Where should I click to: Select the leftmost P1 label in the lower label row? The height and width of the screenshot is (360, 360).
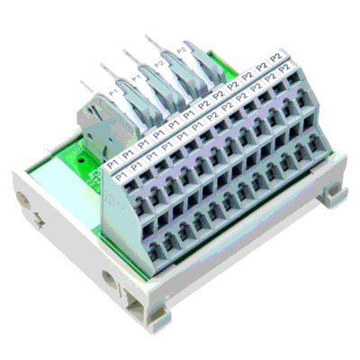[x=112, y=166]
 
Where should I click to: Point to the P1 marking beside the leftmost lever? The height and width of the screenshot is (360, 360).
[x=114, y=92]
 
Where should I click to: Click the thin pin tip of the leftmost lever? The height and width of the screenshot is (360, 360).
[x=83, y=83]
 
